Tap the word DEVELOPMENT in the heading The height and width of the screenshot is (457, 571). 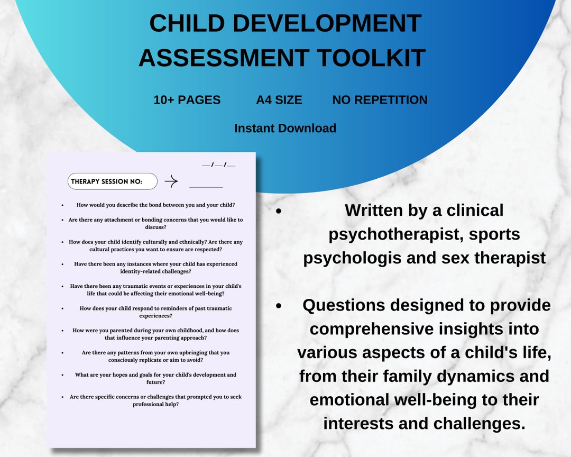[x=327, y=23]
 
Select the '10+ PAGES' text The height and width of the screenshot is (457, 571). [x=187, y=100]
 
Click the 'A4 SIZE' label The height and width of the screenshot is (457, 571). [x=279, y=100]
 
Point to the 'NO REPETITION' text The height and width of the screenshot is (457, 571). [x=380, y=100]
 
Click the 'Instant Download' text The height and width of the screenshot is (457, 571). [x=285, y=128]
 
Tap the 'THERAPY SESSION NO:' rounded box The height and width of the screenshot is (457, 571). [x=113, y=181]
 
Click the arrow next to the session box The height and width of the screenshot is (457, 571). [x=171, y=181]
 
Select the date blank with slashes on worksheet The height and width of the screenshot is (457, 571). [x=218, y=165]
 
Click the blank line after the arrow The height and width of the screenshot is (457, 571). [x=206, y=187]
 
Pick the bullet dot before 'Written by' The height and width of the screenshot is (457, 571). [x=278, y=211]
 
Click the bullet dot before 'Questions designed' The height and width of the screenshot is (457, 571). [x=278, y=306]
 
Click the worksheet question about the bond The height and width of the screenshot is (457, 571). [x=156, y=205]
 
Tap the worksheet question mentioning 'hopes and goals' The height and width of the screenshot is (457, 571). [x=156, y=378]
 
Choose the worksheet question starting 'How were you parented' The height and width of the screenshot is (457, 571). [x=156, y=334]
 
